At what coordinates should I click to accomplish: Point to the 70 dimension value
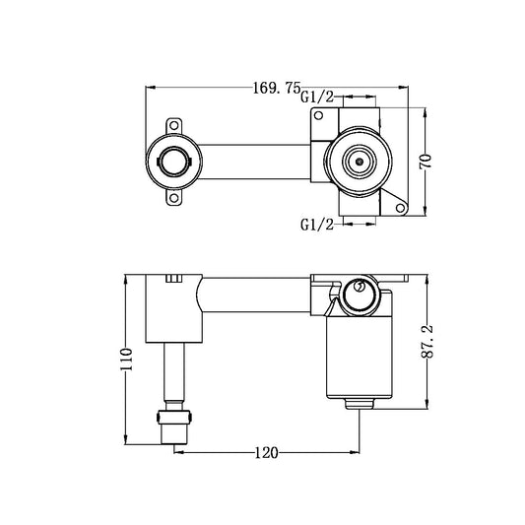(x=426, y=161)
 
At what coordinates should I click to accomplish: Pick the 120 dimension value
(x=265, y=452)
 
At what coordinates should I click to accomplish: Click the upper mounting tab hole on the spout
(x=176, y=125)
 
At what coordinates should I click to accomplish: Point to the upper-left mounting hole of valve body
(x=318, y=117)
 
